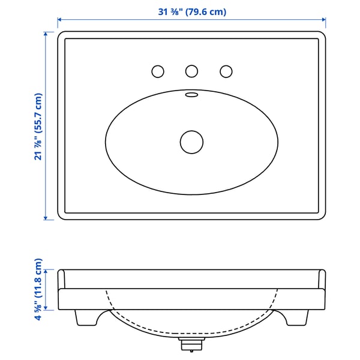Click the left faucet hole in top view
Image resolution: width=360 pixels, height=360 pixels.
click(x=157, y=71)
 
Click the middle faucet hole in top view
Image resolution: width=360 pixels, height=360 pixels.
click(x=191, y=71)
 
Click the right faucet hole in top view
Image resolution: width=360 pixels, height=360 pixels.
click(x=226, y=71)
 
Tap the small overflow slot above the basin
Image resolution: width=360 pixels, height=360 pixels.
click(x=191, y=94)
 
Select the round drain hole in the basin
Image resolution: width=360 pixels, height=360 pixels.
click(x=191, y=142)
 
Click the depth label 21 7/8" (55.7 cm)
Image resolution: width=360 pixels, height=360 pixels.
click(x=38, y=127)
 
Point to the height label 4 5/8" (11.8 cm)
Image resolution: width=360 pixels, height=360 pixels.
click(x=38, y=290)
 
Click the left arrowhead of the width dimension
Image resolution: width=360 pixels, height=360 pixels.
click(x=60, y=22)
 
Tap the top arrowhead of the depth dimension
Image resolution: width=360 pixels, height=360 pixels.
click(x=46, y=34)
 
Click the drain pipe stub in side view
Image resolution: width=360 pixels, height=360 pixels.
click(x=191, y=344)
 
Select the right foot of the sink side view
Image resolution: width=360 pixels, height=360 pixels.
click(x=298, y=317)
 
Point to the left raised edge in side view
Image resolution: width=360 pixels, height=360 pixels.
click(x=61, y=280)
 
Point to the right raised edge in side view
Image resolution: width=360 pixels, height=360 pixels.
click(x=322, y=280)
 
